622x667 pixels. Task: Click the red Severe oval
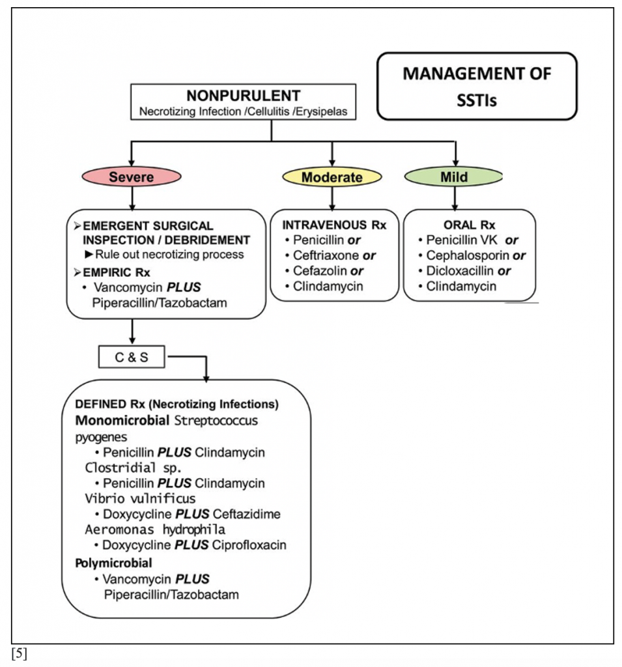132,177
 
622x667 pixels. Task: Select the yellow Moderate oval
332,177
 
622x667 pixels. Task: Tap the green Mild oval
454,177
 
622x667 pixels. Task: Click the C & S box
132,356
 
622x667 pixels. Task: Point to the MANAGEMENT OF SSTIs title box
477,87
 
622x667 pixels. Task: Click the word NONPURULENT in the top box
242,96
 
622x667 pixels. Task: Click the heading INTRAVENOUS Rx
334,225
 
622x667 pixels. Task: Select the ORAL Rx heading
469,225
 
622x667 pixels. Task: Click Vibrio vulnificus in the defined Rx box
140,499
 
